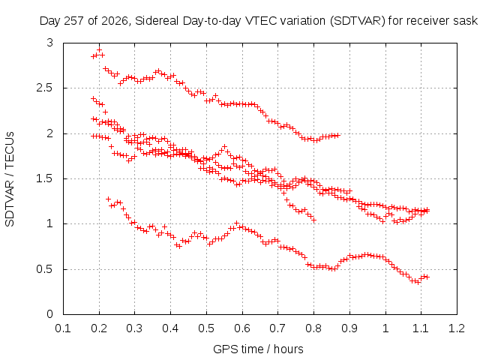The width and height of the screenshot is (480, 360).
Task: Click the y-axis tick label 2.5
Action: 44,88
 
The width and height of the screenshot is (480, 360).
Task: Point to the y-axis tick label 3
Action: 49,43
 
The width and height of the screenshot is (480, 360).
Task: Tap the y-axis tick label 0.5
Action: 44,269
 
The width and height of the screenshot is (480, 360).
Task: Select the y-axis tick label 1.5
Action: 44,178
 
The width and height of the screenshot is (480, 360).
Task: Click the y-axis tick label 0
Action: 49,314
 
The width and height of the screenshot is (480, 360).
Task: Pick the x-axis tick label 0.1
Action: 63,328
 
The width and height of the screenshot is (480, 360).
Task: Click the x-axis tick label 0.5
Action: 206,328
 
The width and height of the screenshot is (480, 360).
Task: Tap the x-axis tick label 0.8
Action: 313,328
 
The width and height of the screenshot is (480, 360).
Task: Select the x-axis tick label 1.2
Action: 457,328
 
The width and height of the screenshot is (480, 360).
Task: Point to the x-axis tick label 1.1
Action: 421,328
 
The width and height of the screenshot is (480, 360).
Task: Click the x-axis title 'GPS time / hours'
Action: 258,349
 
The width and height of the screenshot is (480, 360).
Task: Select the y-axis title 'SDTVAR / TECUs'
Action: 10,179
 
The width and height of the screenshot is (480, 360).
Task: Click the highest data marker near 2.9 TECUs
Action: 99,50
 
